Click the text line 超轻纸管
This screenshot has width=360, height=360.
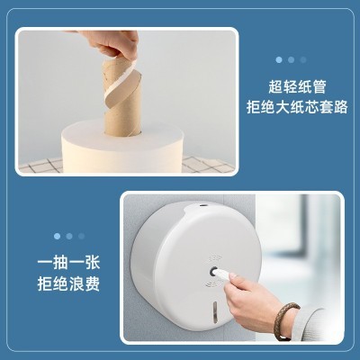[297, 87]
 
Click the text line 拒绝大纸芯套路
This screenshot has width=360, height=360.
[297, 107]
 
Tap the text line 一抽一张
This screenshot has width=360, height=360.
[68, 264]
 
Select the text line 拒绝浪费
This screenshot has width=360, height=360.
[68, 283]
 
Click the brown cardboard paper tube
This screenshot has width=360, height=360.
[122, 99]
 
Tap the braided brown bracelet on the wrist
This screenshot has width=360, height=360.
[286, 321]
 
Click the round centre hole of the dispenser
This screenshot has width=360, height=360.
[214, 272]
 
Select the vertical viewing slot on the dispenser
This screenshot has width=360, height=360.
[214, 312]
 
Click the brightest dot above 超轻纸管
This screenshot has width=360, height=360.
[279, 59]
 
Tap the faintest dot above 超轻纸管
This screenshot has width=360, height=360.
[303, 59]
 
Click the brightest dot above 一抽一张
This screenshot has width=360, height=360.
[58, 236]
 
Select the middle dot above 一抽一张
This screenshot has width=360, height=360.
[69, 236]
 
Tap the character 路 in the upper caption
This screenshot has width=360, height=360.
[340, 107]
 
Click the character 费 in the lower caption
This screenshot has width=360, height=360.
[92, 283]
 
